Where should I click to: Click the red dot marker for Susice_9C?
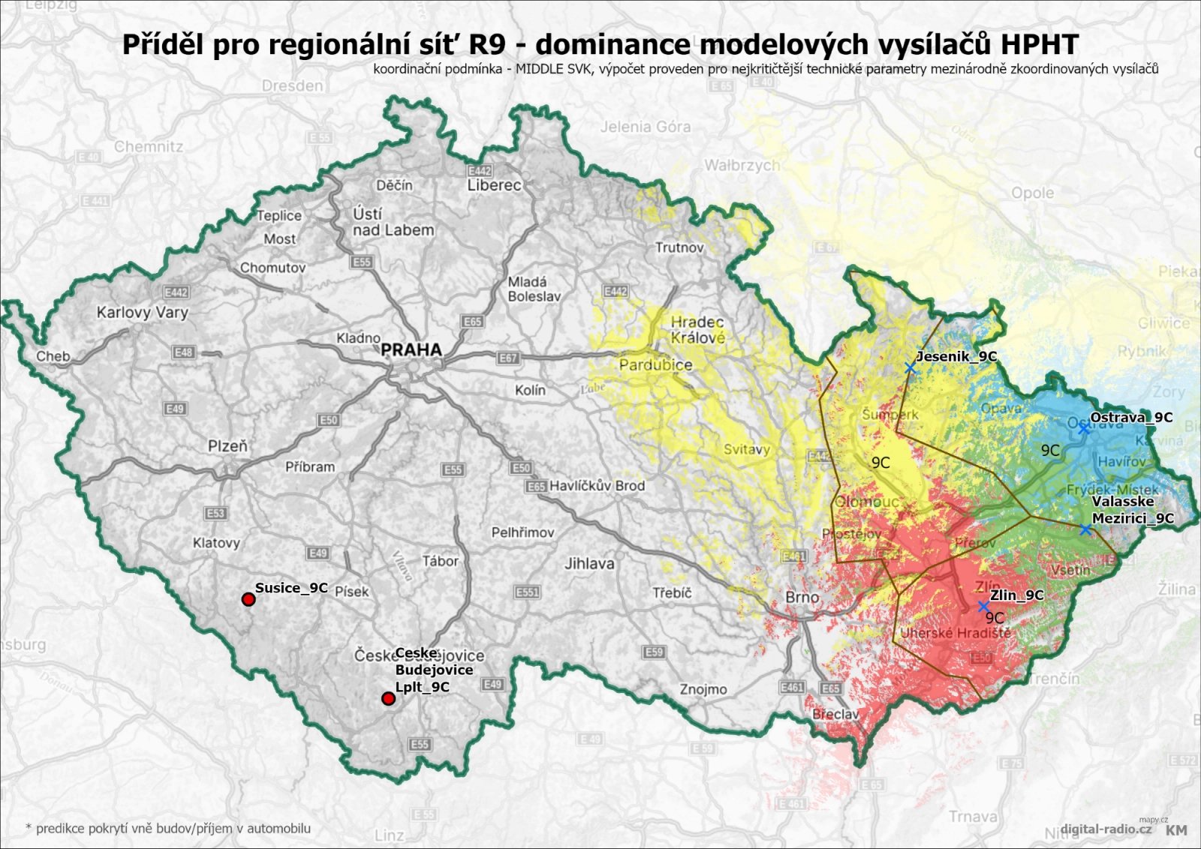[x=248, y=599]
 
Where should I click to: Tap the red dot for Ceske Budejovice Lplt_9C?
[x=388, y=699]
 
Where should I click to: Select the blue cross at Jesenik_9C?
[x=911, y=367]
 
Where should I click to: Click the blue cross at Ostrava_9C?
[x=1084, y=428]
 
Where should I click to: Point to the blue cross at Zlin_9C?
[x=983, y=606]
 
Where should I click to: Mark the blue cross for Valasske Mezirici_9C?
[x=1085, y=529]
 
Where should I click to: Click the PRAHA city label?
[x=411, y=349]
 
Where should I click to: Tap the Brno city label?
[x=802, y=597]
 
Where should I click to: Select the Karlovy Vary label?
[x=142, y=312]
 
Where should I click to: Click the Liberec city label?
[x=494, y=185]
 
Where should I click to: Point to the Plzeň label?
[x=227, y=446]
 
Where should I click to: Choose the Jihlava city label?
[x=589, y=563]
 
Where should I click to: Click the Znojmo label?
[x=703, y=689]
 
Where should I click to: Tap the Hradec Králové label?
[x=698, y=330]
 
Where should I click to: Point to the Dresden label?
[x=292, y=85]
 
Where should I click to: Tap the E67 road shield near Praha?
[x=508, y=358]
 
